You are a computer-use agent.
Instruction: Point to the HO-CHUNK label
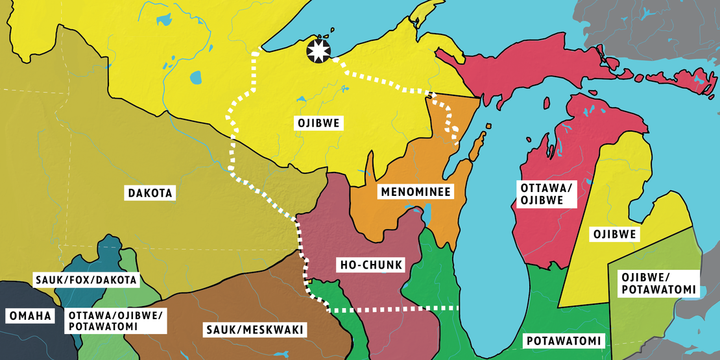[x=372, y=265]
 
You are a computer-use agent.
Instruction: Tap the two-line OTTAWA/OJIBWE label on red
[x=546, y=194]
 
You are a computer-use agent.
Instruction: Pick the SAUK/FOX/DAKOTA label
[x=86, y=280]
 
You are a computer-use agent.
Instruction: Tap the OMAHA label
[x=29, y=316]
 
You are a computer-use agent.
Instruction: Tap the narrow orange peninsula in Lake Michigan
[x=478, y=147]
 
